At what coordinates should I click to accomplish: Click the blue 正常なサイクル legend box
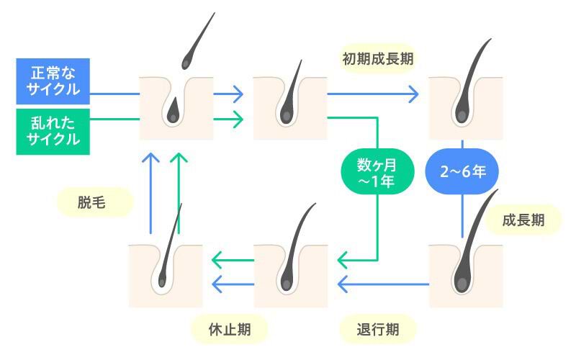click(x=53, y=81)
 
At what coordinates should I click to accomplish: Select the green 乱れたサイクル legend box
click(x=53, y=132)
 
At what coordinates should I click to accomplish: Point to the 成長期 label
click(x=523, y=220)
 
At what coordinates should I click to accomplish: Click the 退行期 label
click(x=378, y=329)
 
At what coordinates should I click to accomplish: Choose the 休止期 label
click(x=230, y=329)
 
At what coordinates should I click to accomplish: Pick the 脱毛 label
click(x=92, y=202)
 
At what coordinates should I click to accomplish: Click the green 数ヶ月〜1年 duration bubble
click(x=377, y=171)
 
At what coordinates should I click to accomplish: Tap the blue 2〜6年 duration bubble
click(x=462, y=171)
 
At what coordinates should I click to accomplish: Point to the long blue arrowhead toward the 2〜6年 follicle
click(x=414, y=94)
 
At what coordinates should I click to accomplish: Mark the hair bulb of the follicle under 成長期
click(x=462, y=280)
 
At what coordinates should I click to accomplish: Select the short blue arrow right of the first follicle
click(x=228, y=94)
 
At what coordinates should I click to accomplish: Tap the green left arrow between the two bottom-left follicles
click(x=233, y=261)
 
